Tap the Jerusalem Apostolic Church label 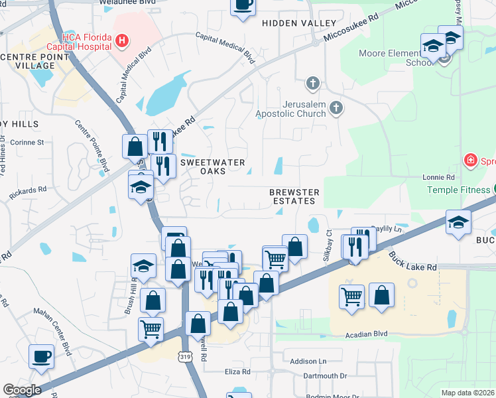click(x=291, y=109)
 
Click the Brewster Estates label click(x=294, y=196)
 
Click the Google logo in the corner click(x=22, y=390)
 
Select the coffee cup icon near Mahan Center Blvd click(x=41, y=356)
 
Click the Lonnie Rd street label click(x=439, y=178)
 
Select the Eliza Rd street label click(x=237, y=372)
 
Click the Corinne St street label click(x=31, y=142)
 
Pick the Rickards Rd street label click(x=28, y=192)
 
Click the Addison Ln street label click(x=308, y=362)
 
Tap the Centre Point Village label click(x=34, y=62)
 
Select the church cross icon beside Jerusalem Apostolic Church click(x=337, y=107)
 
